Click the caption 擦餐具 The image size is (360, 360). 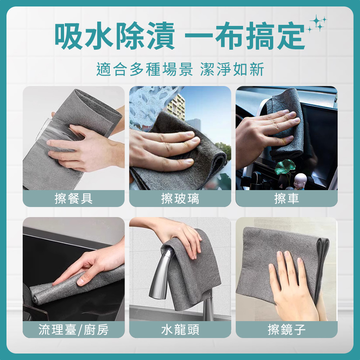(x=74, y=199)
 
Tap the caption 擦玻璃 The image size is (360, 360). (x=180, y=199)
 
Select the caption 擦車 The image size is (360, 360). (x=287, y=199)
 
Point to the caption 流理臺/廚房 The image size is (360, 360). (x=73, y=330)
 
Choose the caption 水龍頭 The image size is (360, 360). (x=180, y=330)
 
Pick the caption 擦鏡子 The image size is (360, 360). (x=287, y=330)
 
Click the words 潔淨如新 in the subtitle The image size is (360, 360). (x=232, y=69)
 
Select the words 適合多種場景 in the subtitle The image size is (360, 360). (x=145, y=69)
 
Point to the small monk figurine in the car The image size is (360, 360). (x=300, y=181)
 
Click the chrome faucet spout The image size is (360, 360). (x=161, y=273)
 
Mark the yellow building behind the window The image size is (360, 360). (x=176, y=107)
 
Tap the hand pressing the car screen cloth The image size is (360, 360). (x=266, y=133)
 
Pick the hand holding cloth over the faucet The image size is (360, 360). (x=175, y=234)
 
